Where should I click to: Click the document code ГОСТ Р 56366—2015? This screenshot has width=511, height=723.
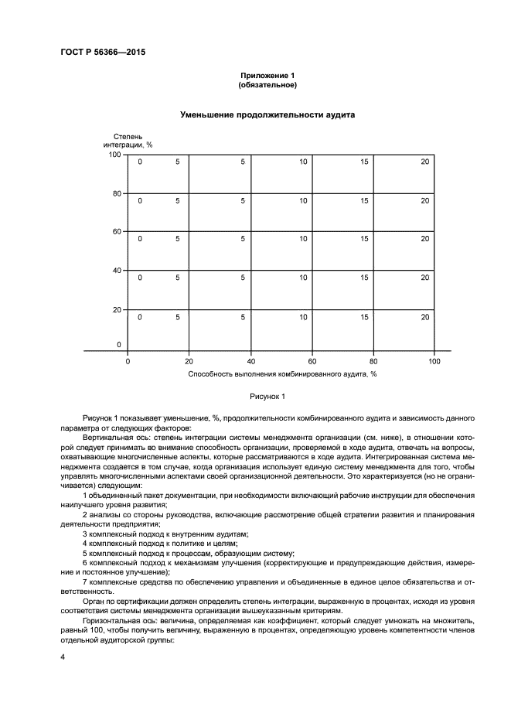pyautogui.click(x=103, y=53)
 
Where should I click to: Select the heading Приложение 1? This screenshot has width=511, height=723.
pyautogui.click(x=267, y=75)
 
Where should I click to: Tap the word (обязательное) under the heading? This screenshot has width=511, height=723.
pyautogui.click(x=267, y=84)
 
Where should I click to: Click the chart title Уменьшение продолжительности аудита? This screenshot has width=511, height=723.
pyautogui.click(x=267, y=114)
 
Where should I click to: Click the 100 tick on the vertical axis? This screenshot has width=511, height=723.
pyautogui.click(x=114, y=155)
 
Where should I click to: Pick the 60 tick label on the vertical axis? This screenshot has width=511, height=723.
pyautogui.click(x=117, y=232)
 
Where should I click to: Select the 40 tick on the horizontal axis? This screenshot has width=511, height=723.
pyautogui.click(x=250, y=360)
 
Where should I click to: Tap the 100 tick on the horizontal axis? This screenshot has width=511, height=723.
pyautogui.click(x=434, y=360)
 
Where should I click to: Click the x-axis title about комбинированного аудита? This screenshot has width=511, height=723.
pyautogui.click(x=281, y=373)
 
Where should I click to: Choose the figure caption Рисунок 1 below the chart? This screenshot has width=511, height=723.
pyautogui.click(x=267, y=397)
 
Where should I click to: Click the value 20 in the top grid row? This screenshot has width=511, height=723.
pyautogui.click(x=425, y=162)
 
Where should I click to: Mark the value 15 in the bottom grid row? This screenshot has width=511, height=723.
pyautogui.click(x=364, y=316)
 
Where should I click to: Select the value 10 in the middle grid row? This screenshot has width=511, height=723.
pyautogui.click(x=303, y=239)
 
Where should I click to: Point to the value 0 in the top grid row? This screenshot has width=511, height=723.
pyautogui.click(x=140, y=162)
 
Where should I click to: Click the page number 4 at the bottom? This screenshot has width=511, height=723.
pyautogui.click(x=62, y=656)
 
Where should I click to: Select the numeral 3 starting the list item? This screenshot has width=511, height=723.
pyautogui.click(x=84, y=534)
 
